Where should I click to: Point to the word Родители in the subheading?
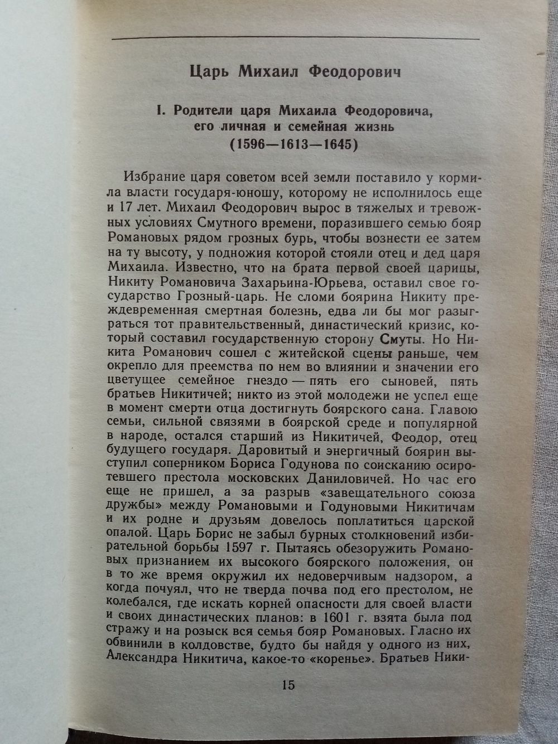pyautogui.click(x=200, y=110)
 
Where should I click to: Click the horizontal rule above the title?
pyautogui.click(x=295, y=39)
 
